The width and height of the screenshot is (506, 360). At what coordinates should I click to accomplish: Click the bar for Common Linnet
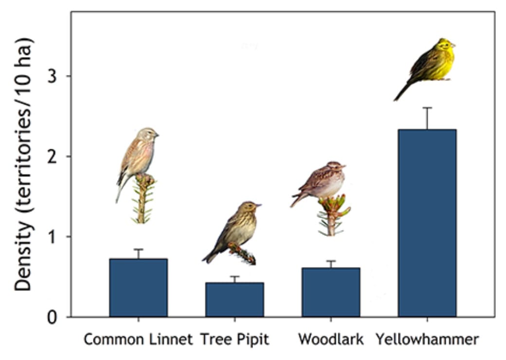click(138, 288)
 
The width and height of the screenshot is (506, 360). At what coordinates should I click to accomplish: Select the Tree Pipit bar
click(235, 299)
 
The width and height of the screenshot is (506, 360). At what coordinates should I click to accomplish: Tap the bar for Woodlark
click(331, 292)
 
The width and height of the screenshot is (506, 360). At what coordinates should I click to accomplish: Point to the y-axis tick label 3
click(52, 76)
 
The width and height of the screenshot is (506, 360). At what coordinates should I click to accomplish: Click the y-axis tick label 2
click(52, 157)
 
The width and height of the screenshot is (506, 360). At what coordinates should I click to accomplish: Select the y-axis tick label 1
click(52, 237)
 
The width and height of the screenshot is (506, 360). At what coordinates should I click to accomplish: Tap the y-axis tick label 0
click(52, 317)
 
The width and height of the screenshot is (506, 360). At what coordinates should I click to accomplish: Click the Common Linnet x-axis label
click(138, 339)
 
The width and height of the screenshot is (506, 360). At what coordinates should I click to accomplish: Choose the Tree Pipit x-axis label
click(235, 339)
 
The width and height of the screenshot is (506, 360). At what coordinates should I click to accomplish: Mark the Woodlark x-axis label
click(331, 339)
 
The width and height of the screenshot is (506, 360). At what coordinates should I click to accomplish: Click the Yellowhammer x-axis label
click(427, 339)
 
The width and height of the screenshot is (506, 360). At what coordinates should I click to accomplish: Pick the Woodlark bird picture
click(321, 182)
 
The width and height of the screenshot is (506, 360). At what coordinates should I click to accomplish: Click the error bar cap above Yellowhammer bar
click(427, 108)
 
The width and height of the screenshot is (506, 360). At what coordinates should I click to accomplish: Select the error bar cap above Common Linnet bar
click(138, 249)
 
